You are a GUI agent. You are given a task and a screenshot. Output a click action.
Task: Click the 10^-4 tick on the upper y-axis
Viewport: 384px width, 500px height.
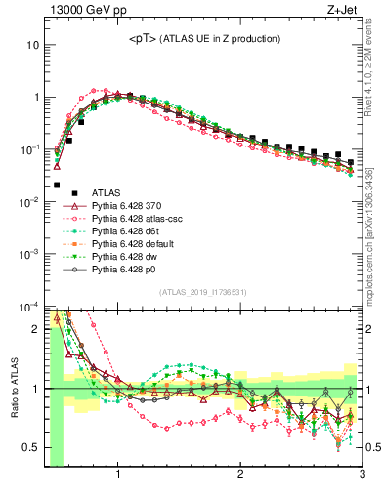[29, 307]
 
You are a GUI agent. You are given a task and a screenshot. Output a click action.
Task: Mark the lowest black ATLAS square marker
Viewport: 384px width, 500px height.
[57, 185]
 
